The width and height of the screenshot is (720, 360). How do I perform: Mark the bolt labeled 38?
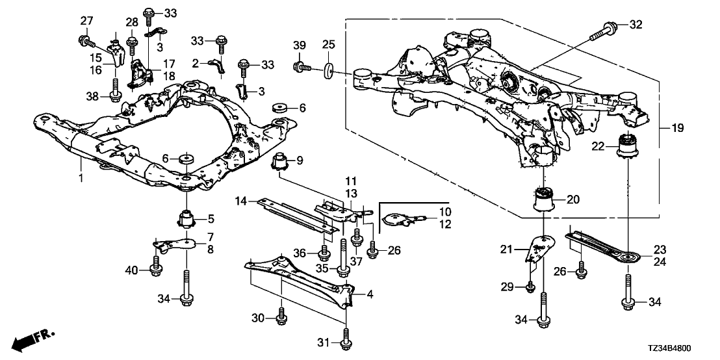(115, 95)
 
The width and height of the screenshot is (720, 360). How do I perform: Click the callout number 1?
(81, 159)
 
